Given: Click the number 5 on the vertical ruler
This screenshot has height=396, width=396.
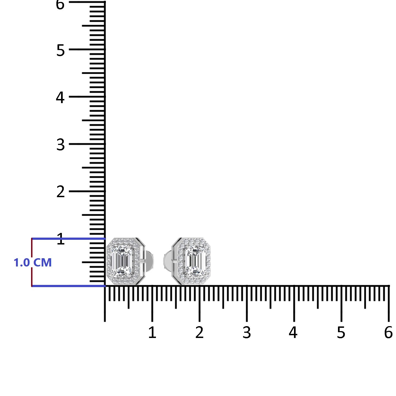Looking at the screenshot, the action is click(61, 50).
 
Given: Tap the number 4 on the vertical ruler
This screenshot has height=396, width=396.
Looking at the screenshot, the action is click(60, 97).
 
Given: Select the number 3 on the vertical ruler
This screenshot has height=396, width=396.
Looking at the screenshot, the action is click(61, 145).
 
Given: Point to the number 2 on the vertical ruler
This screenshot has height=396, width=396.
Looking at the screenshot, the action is click(61, 192).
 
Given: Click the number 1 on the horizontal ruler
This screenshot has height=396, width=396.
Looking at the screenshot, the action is click(152, 332).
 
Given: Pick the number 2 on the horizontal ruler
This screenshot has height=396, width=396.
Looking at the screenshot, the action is click(199, 332).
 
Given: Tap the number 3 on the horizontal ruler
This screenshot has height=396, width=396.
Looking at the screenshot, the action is click(247, 332).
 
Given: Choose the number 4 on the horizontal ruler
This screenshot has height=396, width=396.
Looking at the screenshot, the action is click(293, 332).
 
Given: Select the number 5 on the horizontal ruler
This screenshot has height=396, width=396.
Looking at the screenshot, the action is click(341, 332).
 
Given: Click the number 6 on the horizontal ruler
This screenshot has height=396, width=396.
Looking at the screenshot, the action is click(388, 332).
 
